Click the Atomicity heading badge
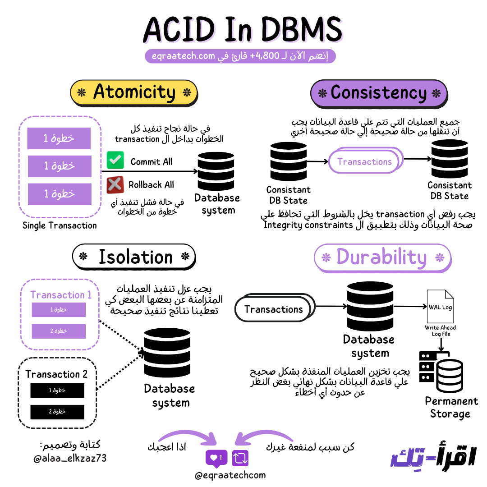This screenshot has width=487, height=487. [134, 92]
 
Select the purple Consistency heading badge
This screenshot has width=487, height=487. [379, 93]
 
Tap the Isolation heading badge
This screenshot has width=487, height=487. [134, 257]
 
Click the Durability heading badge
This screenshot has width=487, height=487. [381, 258]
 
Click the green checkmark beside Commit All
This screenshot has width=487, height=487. [115, 161]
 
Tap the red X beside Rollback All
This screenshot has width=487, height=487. [115, 184]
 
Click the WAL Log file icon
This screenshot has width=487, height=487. [440, 307]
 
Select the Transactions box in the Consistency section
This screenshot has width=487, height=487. [364, 161]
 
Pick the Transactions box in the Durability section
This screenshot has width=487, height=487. [273, 309]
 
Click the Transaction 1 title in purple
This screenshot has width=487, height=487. [61, 295]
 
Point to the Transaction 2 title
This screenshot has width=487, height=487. [56, 374]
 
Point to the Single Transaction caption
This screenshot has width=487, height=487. [60, 225]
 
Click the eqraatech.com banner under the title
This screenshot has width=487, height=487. [240, 56]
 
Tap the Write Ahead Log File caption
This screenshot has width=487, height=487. [440, 331]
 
